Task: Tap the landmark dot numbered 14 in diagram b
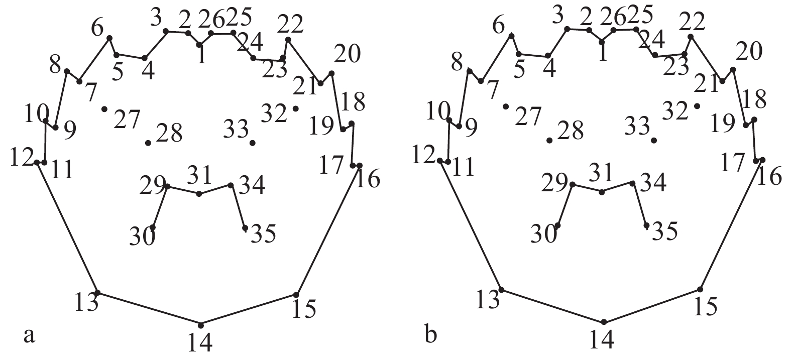604,322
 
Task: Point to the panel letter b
431,334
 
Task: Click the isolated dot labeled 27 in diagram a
104,109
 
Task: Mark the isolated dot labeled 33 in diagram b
654,140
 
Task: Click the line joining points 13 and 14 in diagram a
149,309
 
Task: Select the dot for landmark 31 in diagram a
199,194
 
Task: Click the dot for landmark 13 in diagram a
97,292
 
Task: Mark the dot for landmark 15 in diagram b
700,289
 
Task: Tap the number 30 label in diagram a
142,236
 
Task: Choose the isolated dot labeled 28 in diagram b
550,140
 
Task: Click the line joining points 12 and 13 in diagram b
471,225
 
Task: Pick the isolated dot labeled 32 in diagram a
295,108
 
